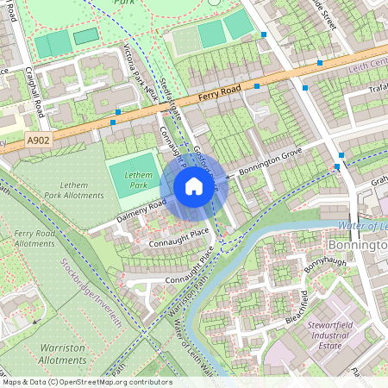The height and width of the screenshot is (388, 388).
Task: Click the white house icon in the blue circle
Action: [194, 186]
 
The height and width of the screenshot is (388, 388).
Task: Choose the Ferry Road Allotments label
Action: [34, 238]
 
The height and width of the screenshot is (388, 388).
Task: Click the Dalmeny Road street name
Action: [141, 211]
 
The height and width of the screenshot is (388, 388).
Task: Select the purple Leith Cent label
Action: [368, 69]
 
